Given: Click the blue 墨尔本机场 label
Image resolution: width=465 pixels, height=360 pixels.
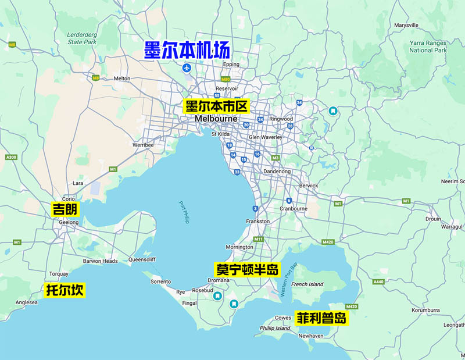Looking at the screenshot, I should click(187, 49).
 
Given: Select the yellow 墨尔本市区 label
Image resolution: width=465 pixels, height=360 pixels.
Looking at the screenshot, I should click(216, 106).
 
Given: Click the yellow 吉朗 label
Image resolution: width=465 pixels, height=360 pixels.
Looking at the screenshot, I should click(65, 210).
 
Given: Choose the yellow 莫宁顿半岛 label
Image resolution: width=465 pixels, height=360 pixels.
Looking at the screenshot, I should click(247, 270).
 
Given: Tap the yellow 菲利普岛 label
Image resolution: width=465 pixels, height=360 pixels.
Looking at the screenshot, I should click(321, 319).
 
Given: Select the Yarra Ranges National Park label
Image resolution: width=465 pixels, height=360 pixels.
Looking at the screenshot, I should click(427, 47).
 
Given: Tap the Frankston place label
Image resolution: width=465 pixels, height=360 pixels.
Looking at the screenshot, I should click(258, 221).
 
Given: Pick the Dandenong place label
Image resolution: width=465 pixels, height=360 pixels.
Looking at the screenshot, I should click(278, 172).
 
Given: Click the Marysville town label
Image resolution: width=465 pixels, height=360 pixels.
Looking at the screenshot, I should click(406, 26).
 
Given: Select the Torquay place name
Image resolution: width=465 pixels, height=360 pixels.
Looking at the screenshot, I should click(59, 273).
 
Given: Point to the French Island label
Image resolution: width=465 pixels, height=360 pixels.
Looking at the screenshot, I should click(307, 284).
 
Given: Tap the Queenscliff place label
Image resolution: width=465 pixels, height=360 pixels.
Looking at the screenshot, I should click(142, 260).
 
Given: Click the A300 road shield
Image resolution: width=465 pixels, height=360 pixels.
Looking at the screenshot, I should click(10, 158).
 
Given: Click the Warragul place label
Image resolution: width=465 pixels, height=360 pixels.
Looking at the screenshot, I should click(451, 227).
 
